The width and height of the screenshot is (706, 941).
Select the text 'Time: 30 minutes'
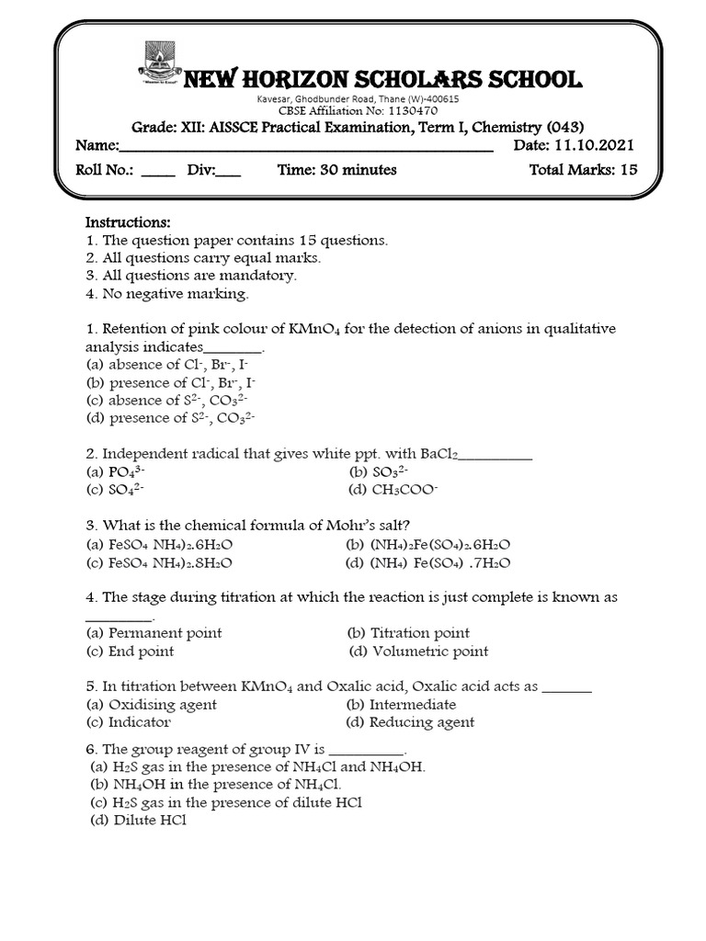coord(336,170)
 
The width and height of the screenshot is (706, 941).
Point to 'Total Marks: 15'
coord(584,170)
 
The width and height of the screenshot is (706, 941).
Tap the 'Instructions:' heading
coord(128,222)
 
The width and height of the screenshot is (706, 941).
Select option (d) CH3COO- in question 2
coord(387,490)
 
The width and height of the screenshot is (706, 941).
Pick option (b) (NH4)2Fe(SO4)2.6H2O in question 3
coord(427,544)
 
